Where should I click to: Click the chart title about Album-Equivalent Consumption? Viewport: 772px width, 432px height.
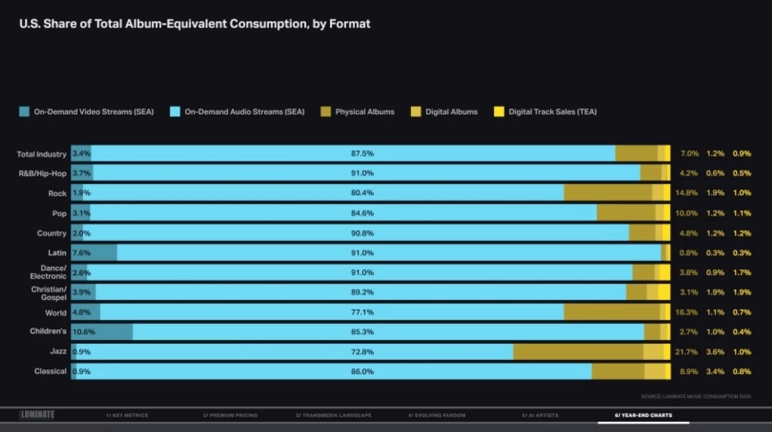[195, 24]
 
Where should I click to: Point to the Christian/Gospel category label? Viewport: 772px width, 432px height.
[49, 293]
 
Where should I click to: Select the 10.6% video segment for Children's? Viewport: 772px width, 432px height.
[102, 332]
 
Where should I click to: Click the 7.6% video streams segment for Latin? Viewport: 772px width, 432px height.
[94, 253]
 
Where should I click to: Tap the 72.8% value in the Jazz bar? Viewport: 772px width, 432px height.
[362, 352]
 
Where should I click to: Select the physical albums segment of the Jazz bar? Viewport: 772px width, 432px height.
[578, 352]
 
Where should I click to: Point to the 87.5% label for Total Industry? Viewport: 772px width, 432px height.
[362, 154]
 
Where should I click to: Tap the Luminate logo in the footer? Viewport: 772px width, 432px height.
[37, 415]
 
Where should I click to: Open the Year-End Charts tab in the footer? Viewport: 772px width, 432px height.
[643, 415]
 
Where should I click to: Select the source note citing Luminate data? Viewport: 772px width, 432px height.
[696, 396]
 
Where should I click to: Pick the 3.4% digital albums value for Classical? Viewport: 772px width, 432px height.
[715, 372]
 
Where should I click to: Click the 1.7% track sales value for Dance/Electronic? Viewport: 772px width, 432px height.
[741, 273]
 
